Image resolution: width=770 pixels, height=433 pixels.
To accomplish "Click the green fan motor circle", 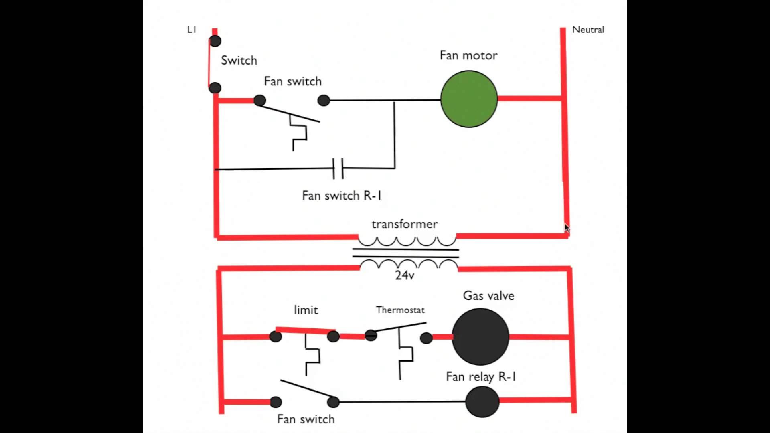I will pyautogui.click(x=469, y=99).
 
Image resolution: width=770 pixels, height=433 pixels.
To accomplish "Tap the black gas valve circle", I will pyautogui.click(x=480, y=337).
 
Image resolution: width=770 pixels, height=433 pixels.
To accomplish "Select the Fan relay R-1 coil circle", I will pyautogui.click(x=482, y=402).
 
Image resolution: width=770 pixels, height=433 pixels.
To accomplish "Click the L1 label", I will pyautogui.click(x=192, y=30).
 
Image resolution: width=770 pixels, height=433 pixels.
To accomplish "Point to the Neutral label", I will pyautogui.click(x=588, y=30).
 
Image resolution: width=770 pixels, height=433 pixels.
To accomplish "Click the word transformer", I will pyautogui.click(x=404, y=224).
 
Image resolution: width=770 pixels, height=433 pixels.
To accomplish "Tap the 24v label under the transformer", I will pyautogui.click(x=404, y=275).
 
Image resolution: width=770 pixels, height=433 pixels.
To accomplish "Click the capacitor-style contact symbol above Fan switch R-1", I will pyautogui.click(x=338, y=168).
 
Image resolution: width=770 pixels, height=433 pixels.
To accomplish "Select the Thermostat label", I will pyautogui.click(x=400, y=310).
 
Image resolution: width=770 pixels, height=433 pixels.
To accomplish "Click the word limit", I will pyautogui.click(x=306, y=310).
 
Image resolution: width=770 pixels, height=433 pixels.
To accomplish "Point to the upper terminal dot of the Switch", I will pyautogui.click(x=215, y=41).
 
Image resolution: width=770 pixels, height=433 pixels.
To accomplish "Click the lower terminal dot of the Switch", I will pyautogui.click(x=215, y=88).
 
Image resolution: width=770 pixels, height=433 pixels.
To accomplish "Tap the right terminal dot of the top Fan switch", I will pyautogui.click(x=324, y=100).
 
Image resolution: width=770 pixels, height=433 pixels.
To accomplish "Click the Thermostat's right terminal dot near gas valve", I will pyautogui.click(x=426, y=338).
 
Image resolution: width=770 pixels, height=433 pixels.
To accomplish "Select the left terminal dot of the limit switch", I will pyautogui.click(x=276, y=336).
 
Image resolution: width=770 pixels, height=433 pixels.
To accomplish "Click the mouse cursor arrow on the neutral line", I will pyautogui.click(x=567, y=228).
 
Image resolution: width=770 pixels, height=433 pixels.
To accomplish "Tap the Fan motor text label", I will pyautogui.click(x=468, y=55).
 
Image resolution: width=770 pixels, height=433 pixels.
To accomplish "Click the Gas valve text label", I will pyautogui.click(x=488, y=296).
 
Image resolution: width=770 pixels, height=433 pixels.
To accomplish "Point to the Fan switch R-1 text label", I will pyautogui.click(x=341, y=196).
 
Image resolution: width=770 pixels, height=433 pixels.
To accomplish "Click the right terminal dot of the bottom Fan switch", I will pyautogui.click(x=333, y=402).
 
